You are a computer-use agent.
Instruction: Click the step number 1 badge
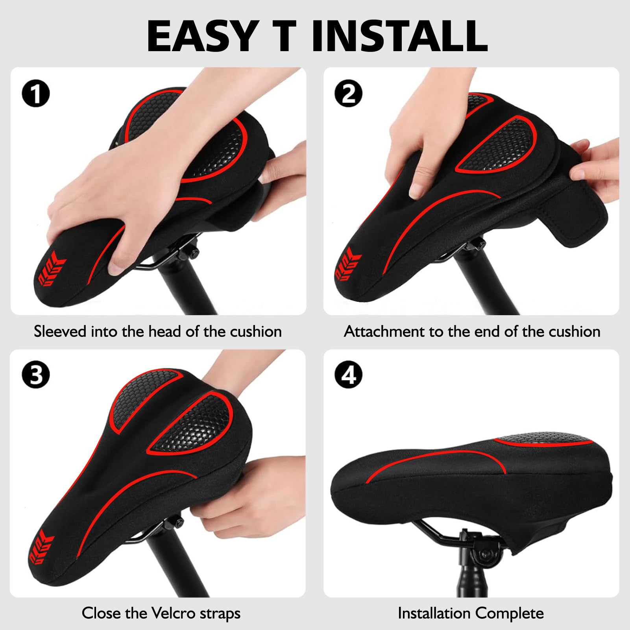coord(36,94)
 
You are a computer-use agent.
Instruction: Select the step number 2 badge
coord(349,94)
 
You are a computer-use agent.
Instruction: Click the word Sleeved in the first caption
coord(60,331)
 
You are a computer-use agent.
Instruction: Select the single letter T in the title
coord(282,36)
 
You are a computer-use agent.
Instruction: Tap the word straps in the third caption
coord(220,613)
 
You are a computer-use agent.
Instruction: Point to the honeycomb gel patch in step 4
coord(543,440)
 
